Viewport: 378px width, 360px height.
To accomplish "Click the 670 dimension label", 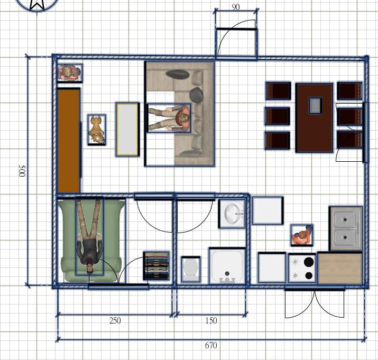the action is (211, 345).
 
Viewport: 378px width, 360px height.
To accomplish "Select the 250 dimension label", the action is (115, 320).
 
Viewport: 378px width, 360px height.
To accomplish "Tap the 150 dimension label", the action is (211, 320).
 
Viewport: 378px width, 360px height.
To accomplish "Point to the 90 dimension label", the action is (236, 7).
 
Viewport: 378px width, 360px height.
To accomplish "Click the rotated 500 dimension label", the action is (22, 171).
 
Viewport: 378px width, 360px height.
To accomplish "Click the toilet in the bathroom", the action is (191, 269).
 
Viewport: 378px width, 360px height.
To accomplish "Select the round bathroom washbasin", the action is (232, 214).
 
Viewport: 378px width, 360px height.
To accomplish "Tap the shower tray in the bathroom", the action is (227, 266).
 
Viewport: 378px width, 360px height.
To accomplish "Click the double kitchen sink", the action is (346, 228).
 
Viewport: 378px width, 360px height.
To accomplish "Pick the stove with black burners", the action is (302, 268).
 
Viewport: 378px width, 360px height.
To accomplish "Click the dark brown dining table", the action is (315, 118).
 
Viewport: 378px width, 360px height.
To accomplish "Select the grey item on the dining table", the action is (316, 105).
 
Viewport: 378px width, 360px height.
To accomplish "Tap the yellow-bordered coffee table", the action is (127, 129).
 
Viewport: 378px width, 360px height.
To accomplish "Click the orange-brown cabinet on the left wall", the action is (69, 140).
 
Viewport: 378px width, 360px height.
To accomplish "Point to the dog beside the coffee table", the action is (97, 130).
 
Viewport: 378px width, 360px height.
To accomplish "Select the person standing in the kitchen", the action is (302, 235).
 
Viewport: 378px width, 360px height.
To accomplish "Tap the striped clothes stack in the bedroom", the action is (156, 266).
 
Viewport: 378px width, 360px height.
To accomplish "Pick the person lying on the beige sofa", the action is (169, 118).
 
